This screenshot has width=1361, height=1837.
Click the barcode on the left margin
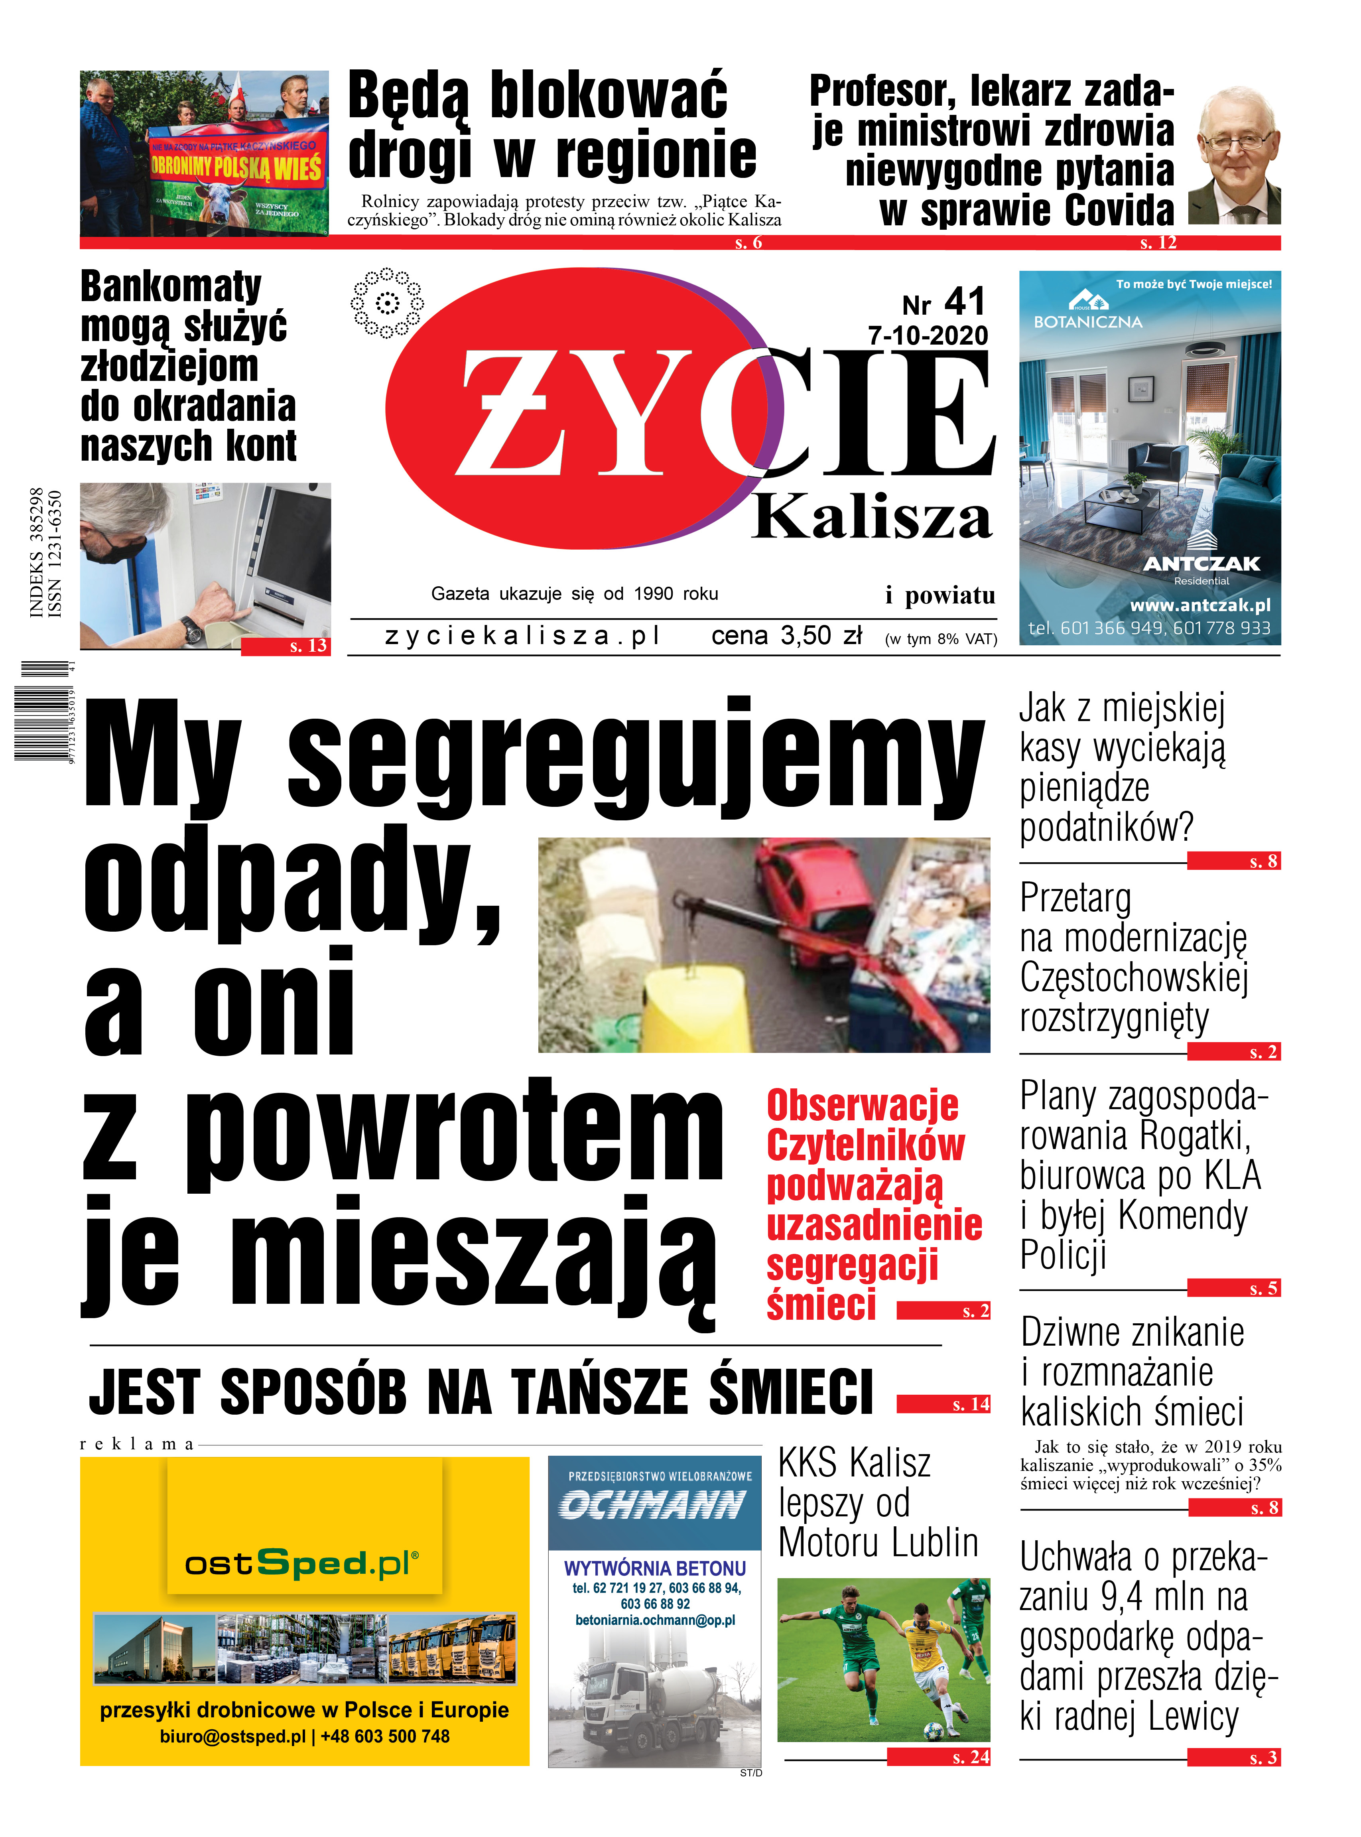pos(41,710)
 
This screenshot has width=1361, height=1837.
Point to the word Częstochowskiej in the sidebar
pos(1134,978)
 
